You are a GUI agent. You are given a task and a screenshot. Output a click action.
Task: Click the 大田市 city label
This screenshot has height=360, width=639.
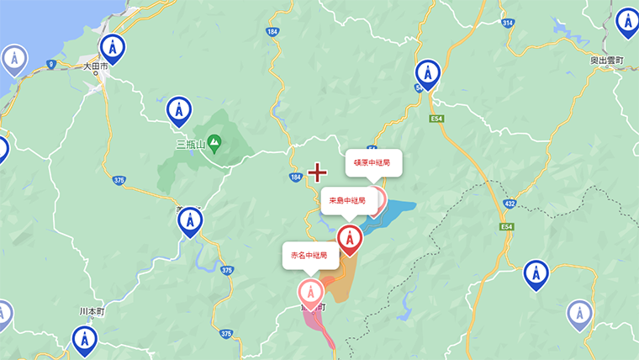coord(96,66)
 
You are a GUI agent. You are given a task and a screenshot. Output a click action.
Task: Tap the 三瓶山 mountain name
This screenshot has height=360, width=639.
coord(191,144)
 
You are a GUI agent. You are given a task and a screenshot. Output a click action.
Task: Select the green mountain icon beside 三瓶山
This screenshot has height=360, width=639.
coord(214,144)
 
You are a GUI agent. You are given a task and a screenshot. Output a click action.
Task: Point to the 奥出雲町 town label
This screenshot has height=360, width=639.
coord(605,61)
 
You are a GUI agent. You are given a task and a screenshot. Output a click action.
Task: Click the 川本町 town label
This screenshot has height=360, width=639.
coord(90,310)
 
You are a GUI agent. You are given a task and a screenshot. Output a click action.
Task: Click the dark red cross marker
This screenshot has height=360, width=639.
coord(317,173)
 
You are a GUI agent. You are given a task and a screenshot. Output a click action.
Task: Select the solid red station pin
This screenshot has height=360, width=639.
coord(350,240)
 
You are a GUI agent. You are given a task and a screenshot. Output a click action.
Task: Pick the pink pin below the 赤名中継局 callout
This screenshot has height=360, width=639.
coord(311,292)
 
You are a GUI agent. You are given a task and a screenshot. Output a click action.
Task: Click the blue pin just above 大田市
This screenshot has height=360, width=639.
coord(112,47)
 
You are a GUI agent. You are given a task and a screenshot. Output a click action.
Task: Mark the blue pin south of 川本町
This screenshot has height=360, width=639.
coord(84,339)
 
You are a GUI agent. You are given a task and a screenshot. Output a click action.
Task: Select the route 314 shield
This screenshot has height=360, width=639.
coord(508,23)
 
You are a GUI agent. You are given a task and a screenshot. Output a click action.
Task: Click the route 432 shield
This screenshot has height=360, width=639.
coord(510,204)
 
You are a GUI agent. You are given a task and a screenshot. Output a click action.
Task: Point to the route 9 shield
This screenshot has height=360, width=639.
coord(51,64)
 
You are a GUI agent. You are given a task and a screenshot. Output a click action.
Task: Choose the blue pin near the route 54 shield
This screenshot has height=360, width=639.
coord(428,73)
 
